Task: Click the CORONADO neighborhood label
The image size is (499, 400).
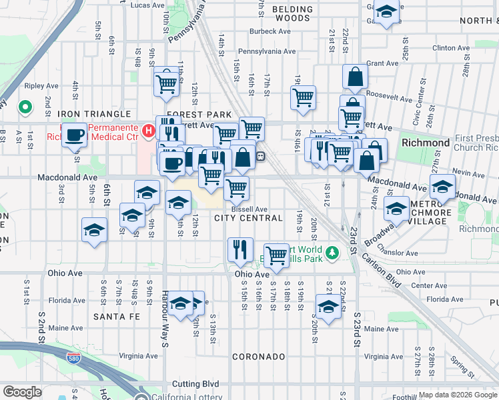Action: coord(259,357)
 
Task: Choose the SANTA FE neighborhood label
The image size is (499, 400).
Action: coord(117,316)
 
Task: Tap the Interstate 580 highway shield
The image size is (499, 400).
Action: coord(73,359)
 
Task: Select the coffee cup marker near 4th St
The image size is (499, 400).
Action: coord(75,135)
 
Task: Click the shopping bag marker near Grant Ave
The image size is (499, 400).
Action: coord(355,77)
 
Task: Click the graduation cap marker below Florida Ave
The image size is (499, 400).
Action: coord(328,307)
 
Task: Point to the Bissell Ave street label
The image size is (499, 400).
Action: coord(249,209)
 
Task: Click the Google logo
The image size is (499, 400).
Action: coord(22,392)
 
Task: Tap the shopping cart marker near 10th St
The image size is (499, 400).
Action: coord(166,83)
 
